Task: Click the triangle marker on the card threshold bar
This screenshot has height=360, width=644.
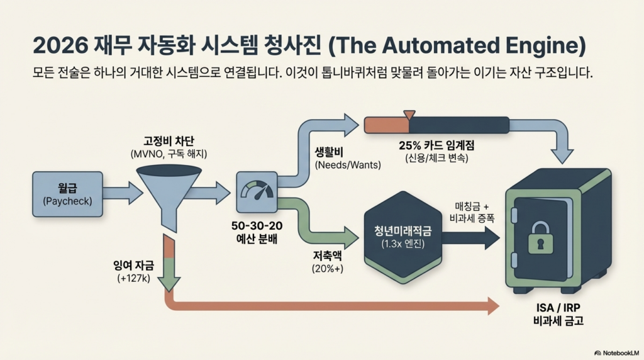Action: click(409, 115)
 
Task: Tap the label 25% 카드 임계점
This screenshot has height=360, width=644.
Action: click(436, 145)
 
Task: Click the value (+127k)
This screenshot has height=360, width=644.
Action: click(129, 278)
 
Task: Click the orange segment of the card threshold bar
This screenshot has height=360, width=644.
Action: click(386, 124)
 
